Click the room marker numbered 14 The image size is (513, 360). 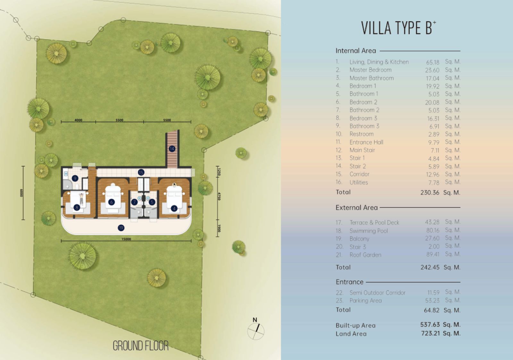172,149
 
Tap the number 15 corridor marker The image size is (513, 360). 141,173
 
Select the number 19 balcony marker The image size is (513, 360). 121,228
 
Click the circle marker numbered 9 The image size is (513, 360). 75,178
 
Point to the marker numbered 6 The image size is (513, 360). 112,202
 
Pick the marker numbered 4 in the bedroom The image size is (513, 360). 174,209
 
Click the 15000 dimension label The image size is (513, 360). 126,239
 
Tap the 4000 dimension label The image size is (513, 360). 78,120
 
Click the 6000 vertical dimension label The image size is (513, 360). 21,193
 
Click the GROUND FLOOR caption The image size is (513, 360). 141,346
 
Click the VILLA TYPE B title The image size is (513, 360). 399,28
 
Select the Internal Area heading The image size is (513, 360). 356,51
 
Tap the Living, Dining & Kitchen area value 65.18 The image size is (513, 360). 433,62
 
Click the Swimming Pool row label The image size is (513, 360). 369,231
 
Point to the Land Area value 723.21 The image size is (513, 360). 430,333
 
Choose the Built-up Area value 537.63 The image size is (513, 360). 430,325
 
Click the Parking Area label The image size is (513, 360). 366,301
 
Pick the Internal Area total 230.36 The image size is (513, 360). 430,193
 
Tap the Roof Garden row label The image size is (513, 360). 365,255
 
